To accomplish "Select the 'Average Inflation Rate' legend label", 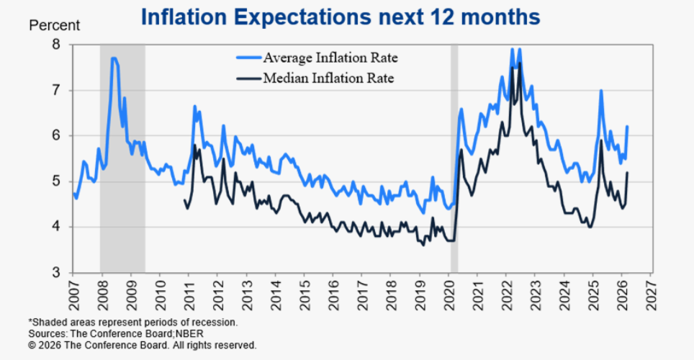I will [330, 57].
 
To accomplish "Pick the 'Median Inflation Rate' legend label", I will [328, 78].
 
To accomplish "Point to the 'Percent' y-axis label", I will [54, 25].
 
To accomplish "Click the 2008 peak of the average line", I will [114, 58].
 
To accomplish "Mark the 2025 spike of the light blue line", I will [601, 91].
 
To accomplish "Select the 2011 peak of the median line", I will [194, 145].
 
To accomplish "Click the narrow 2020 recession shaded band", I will [454, 158].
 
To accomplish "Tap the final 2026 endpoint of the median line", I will [628, 173].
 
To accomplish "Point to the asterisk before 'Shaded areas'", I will [30, 322].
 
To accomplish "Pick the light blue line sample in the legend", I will [248, 57].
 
